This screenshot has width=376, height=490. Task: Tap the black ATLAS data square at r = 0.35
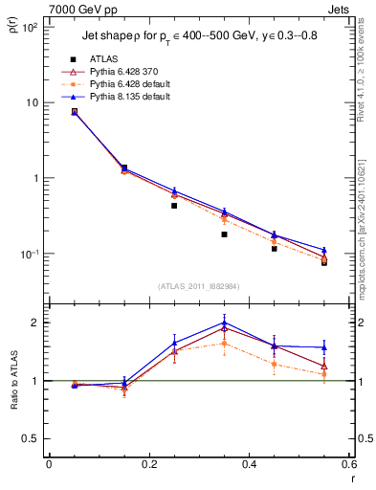[224, 234]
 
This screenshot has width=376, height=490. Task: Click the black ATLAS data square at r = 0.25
[174, 206]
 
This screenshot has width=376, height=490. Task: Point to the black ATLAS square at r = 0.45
[275, 248]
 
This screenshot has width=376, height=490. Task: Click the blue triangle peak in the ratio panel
[224, 323]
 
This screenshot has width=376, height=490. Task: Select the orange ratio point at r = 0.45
[275, 364]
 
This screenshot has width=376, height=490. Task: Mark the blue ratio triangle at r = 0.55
[324, 347]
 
